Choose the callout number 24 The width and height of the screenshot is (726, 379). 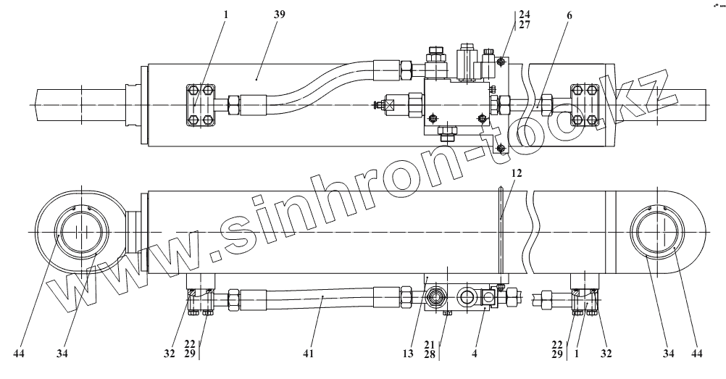click(x=524, y=13)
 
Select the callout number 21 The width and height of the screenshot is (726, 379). click(x=429, y=344)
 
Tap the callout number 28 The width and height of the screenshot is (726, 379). click(x=429, y=354)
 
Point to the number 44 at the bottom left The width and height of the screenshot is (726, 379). click(x=20, y=354)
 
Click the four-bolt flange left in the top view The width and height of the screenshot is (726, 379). click(x=201, y=107)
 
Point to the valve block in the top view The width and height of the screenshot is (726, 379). click(x=452, y=106)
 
